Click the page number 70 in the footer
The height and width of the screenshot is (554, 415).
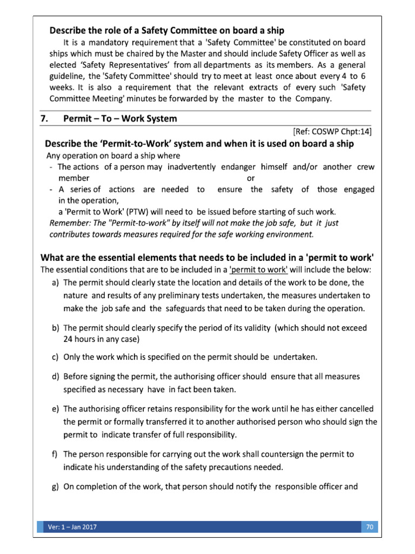(370, 527)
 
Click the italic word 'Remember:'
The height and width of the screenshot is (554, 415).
(68, 223)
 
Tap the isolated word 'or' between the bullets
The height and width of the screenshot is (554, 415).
(251, 178)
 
